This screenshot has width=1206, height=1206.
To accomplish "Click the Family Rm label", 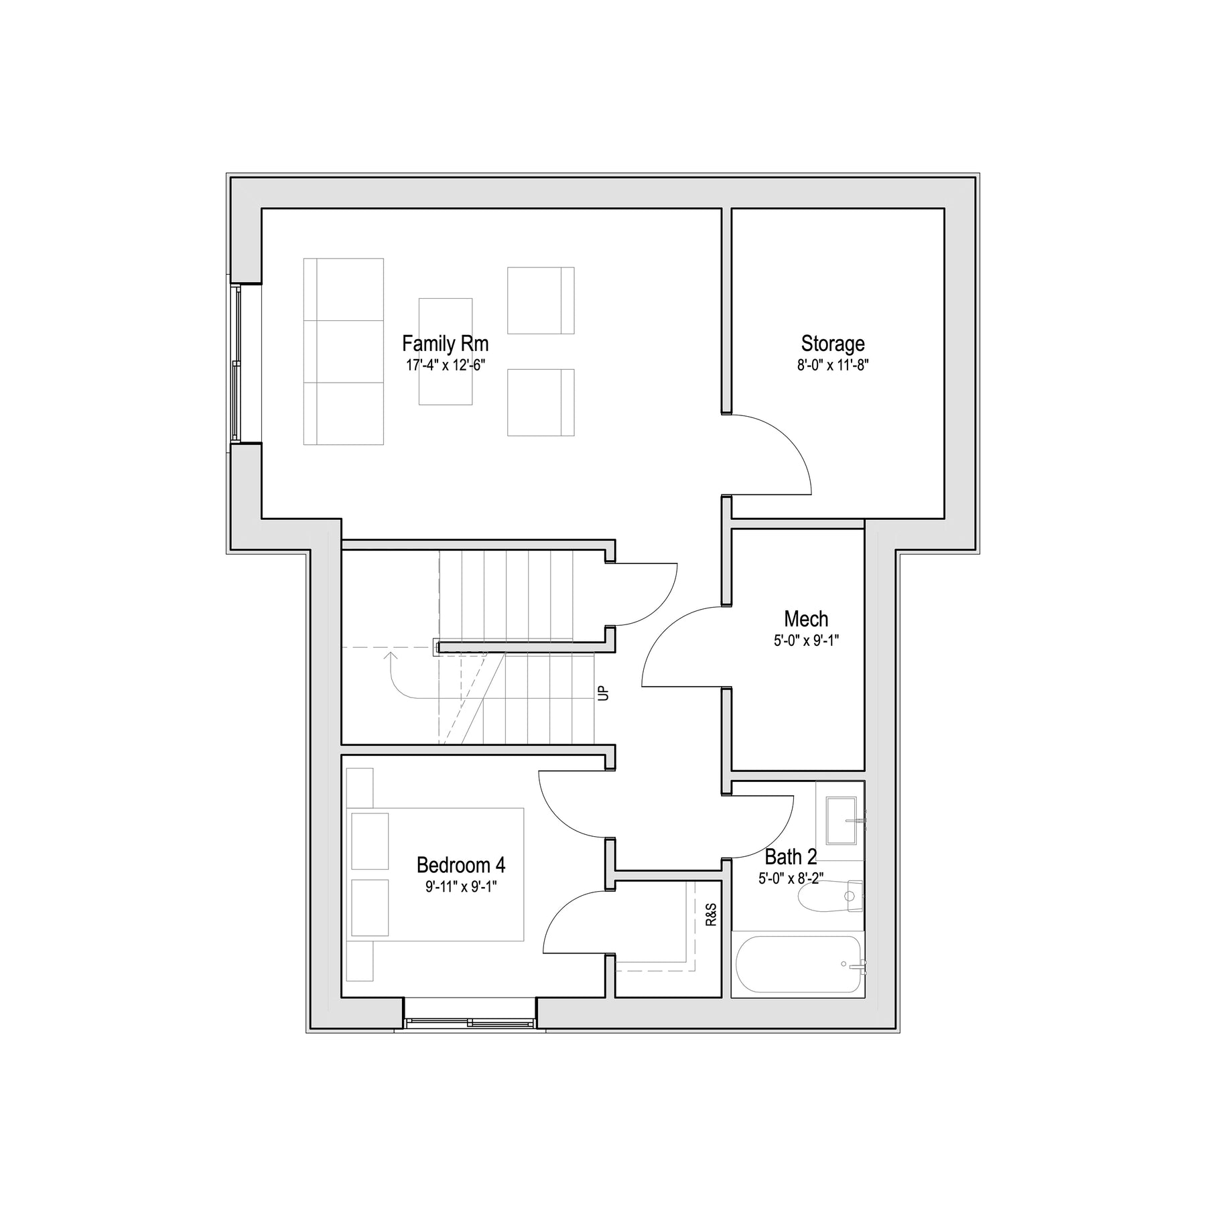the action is (445, 344).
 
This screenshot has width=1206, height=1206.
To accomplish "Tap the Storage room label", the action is (833, 344).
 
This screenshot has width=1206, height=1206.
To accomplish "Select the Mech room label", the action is (806, 618).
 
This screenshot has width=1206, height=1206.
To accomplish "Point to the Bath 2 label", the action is (791, 857).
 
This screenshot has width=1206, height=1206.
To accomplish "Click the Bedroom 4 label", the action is (461, 865).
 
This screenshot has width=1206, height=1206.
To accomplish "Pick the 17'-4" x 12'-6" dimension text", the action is (445, 365).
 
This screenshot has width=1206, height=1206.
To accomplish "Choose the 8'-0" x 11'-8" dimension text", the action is (833, 365).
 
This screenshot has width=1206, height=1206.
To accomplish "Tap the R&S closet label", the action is (711, 915).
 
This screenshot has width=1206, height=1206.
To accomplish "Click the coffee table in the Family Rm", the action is (446, 352).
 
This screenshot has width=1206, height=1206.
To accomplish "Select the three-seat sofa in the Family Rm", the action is (344, 351).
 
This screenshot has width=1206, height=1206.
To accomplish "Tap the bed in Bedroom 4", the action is (435, 874).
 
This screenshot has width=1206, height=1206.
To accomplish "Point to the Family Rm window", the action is (236, 363).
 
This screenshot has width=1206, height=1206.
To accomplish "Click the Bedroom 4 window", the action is (470, 1022).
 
